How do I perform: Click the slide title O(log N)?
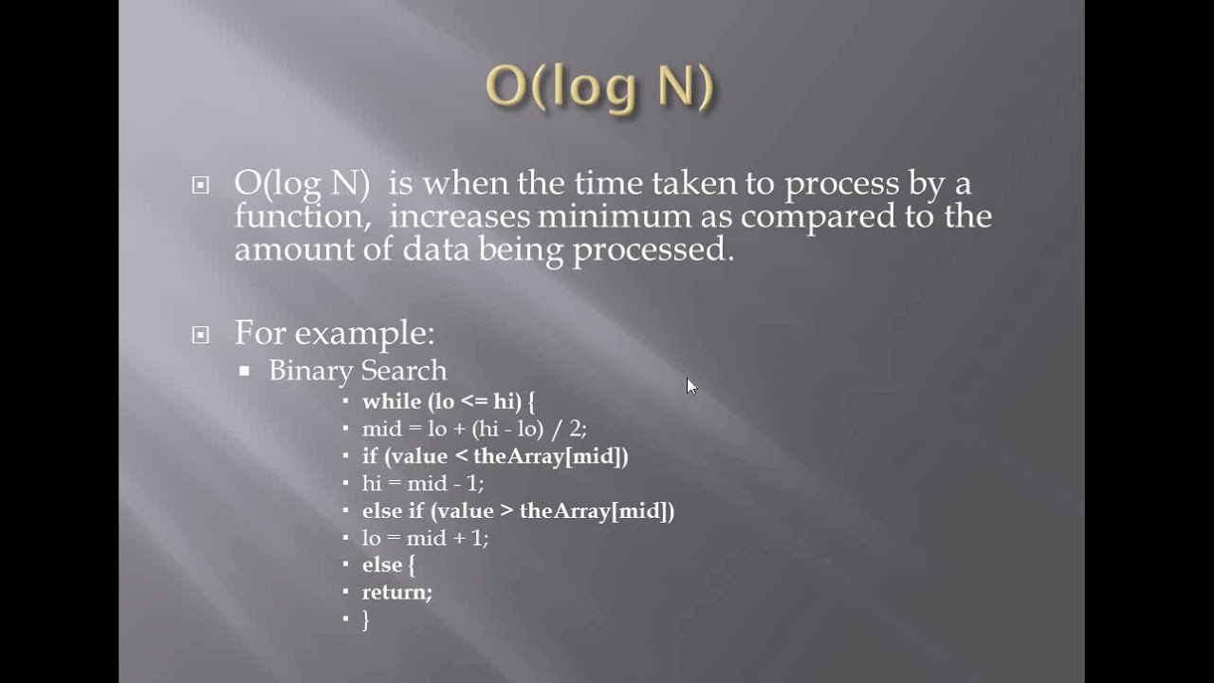[599, 87]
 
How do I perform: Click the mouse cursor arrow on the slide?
[690, 385]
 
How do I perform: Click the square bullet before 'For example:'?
[200, 334]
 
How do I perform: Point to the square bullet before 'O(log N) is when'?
[200, 185]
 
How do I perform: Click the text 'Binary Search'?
[358, 370]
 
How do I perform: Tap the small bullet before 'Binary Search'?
[245, 371]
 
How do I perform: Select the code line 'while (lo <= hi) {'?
[449, 401]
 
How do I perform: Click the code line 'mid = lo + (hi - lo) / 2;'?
[474, 428]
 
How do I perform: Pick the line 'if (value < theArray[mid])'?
[495, 455]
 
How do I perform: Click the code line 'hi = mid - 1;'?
[423, 483]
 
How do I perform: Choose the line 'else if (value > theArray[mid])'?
[518, 510]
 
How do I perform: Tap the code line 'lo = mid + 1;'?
[425, 538]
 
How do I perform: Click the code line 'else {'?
[389, 564]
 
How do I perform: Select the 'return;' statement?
[397, 592]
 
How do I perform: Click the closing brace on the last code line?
[366, 619]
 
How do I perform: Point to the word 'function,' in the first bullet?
[303, 216]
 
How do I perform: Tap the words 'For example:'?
[334, 333]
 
